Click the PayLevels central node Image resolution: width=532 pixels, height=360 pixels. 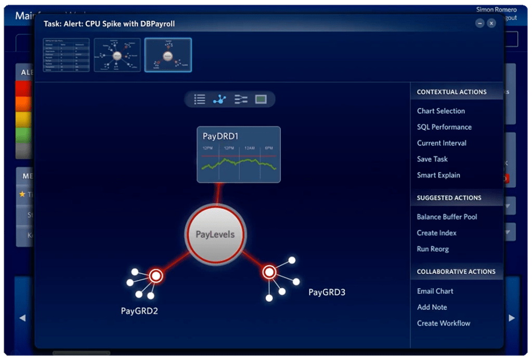(x=215, y=235)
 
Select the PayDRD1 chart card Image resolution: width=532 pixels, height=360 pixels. (x=239, y=155)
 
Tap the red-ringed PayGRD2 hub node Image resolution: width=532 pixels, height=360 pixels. (x=155, y=276)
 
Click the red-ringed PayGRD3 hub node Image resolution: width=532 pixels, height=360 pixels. (x=269, y=272)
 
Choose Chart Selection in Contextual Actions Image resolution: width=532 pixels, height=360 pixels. (x=440, y=111)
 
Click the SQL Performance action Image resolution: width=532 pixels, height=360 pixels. (x=444, y=127)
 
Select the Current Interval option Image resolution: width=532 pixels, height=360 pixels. (x=442, y=143)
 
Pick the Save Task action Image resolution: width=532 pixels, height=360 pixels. (x=432, y=159)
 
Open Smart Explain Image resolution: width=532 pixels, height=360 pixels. (x=438, y=175)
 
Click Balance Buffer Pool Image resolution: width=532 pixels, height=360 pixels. (x=447, y=217)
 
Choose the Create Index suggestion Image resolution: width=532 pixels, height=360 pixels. (x=436, y=233)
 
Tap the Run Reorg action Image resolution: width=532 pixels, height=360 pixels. (x=433, y=249)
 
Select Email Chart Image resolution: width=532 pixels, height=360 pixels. (x=435, y=291)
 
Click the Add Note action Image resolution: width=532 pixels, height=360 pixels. (x=432, y=307)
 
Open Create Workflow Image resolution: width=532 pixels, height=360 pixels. (x=443, y=324)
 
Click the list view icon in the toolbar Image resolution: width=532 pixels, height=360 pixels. (x=200, y=99)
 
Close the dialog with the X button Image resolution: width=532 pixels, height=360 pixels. (x=491, y=23)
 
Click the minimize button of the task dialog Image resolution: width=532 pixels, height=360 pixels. (x=479, y=23)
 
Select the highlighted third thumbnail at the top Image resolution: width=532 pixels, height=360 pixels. (x=168, y=55)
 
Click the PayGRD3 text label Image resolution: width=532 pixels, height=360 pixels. (x=327, y=292)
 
